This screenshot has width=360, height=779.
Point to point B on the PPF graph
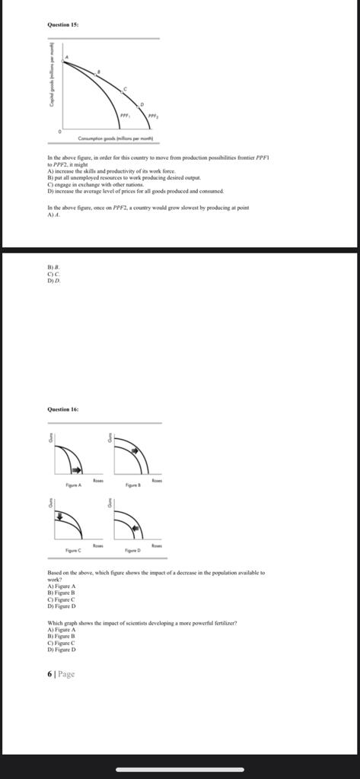pos(97,72)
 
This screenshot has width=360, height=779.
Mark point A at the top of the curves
pos(65,58)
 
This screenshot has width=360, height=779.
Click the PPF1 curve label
pos(125,116)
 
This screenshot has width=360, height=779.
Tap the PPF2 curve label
pos(152,116)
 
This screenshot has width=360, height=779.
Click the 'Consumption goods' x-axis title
pos(115,139)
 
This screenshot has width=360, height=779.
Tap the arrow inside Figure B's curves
pos(135,450)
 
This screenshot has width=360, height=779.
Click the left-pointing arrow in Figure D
pos(135,526)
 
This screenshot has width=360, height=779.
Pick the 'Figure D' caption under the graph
pos(132,548)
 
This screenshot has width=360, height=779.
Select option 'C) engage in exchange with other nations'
pos(95,185)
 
